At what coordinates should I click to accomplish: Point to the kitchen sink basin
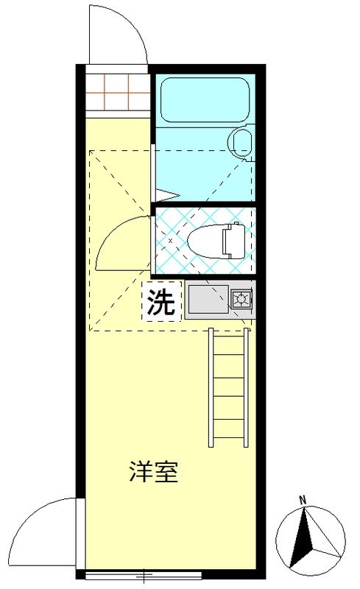[x=205, y=300]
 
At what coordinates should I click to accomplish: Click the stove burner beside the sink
[x=241, y=300]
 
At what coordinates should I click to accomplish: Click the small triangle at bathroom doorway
[x=168, y=197]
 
